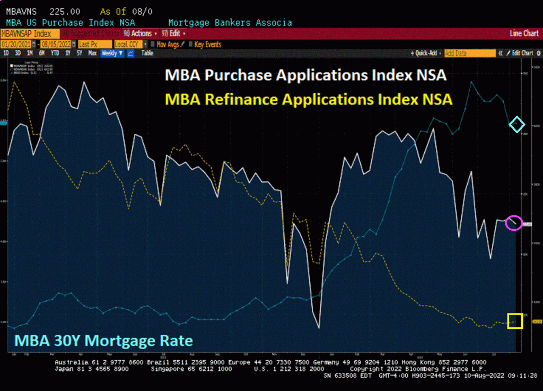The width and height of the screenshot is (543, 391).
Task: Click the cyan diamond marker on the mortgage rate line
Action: (516, 125)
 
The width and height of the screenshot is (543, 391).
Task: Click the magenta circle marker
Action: (513, 223)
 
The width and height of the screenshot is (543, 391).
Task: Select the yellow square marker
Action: (515, 321)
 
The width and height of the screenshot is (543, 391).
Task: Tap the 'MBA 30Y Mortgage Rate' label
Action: (103, 340)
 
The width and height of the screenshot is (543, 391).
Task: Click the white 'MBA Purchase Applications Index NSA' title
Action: (306, 75)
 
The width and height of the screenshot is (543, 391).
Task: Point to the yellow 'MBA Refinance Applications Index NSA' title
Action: (309, 99)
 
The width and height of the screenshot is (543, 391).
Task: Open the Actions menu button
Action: (141, 33)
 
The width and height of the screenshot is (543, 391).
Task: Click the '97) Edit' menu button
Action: (173, 33)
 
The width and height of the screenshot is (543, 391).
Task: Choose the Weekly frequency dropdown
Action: (112, 53)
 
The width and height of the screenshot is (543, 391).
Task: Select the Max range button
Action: (92, 53)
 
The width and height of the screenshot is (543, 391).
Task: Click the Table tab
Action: (147, 53)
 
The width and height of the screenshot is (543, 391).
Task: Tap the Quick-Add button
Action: (426, 53)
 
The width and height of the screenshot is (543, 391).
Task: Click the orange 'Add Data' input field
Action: (469, 53)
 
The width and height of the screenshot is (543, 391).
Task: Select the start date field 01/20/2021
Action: (16, 45)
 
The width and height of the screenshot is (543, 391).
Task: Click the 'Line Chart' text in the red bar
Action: (524, 33)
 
